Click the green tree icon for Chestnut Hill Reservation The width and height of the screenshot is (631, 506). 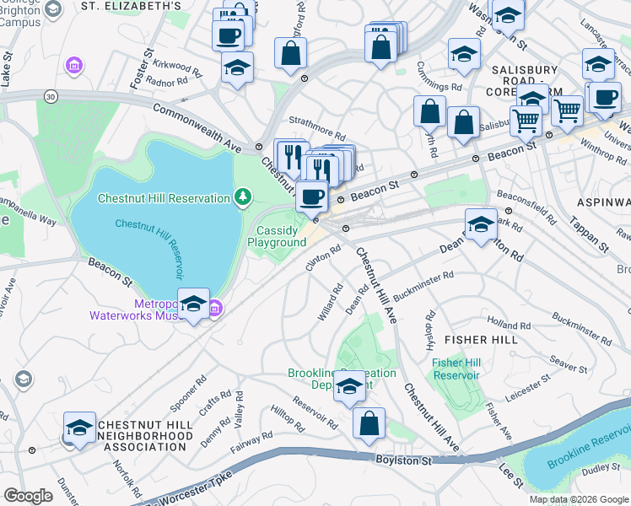244,197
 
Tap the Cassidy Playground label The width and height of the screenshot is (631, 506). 277,236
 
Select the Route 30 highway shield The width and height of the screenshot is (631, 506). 52,97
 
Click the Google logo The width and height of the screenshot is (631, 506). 28,496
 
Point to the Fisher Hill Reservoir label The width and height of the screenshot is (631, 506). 456,369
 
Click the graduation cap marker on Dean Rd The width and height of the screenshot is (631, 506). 481,226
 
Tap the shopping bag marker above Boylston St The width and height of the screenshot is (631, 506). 369,425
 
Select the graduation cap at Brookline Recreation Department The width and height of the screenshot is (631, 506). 349,387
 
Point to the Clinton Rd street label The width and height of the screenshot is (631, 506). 322,258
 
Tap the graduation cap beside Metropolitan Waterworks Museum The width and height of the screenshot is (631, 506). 193,304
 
